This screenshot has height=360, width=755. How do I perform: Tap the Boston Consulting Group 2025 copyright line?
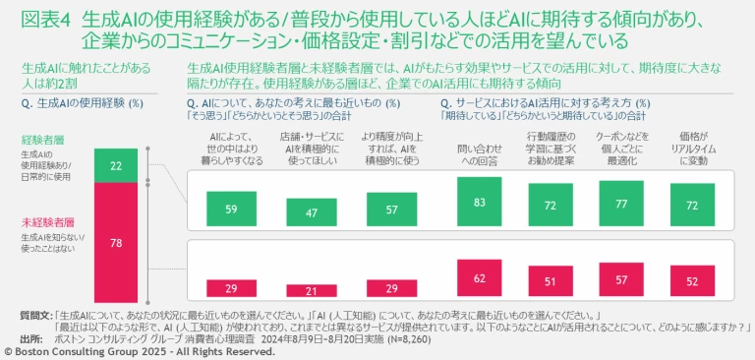pyautogui.click(x=139, y=350)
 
